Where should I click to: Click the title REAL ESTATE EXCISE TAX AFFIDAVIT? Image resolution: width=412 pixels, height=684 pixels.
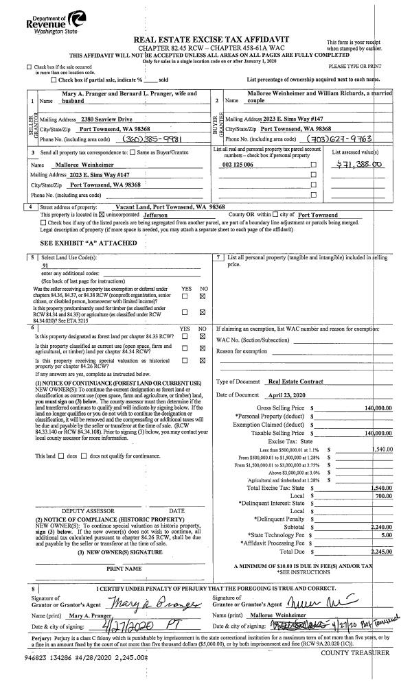[211, 39]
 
